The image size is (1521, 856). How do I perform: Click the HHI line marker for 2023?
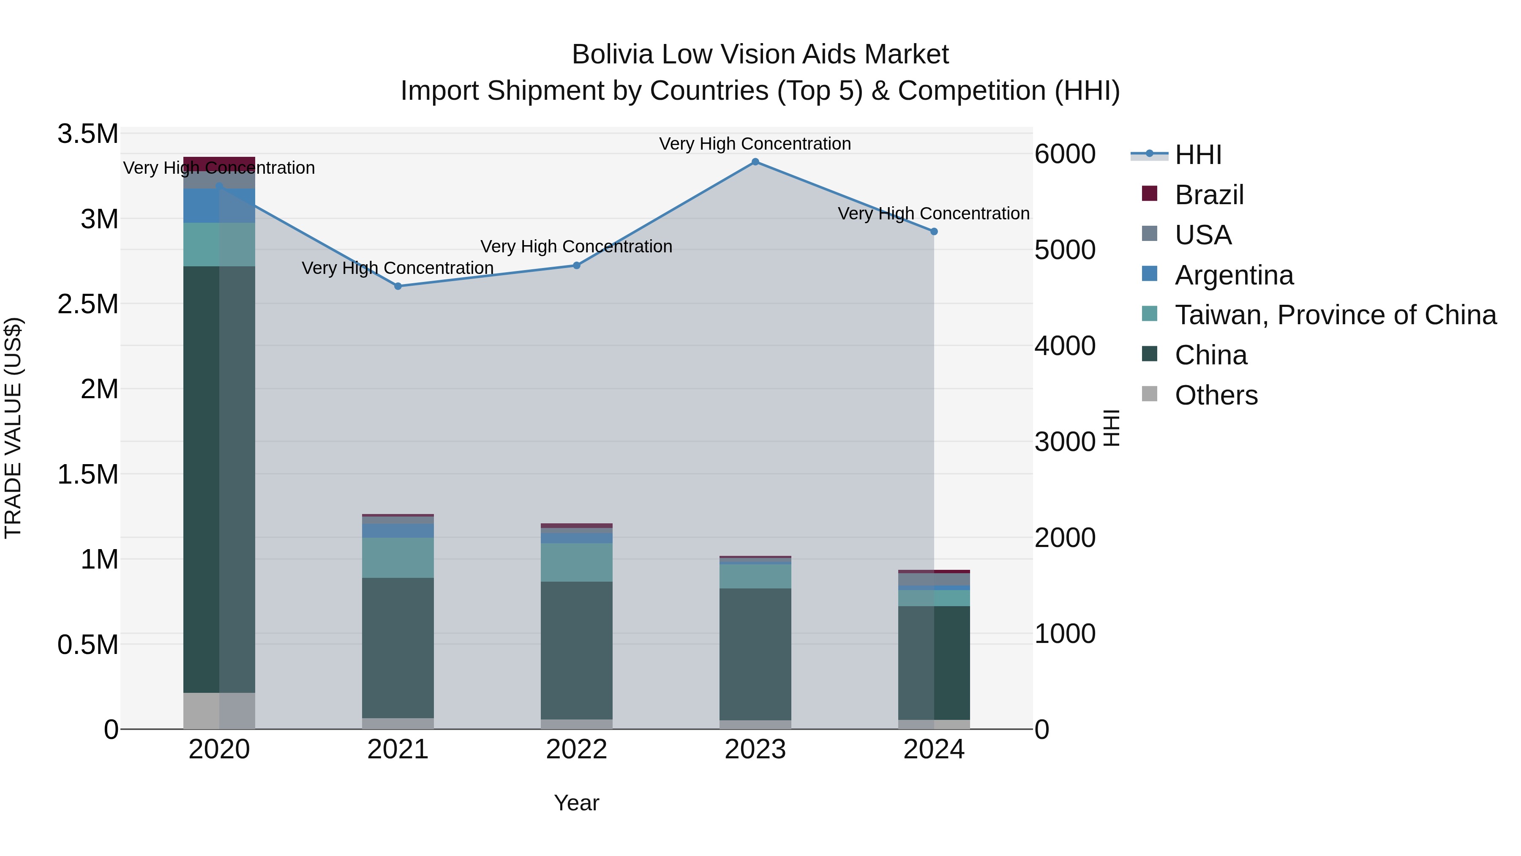pyautogui.click(x=755, y=162)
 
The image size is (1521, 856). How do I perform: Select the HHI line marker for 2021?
pyautogui.click(x=398, y=287)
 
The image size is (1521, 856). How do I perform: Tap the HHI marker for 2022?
pyautogui.click(x=577, y=266)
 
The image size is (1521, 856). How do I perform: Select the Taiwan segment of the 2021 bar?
pyautogui.click(x=398, y=558)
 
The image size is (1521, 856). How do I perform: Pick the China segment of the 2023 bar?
pyautogui.click(x=755, y=654)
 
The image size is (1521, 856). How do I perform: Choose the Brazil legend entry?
pyautogui.click(x=1209, y=195)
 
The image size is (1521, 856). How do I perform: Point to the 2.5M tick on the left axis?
pyautogui.click(x=88, y=304)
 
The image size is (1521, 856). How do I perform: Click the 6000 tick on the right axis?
pyautogui.click(x=1065, y=154)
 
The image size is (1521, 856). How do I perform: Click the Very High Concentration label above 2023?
pyautogui.click(x=755, y=144)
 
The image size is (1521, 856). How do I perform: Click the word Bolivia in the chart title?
pyautogui.click(x=613, y=55)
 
